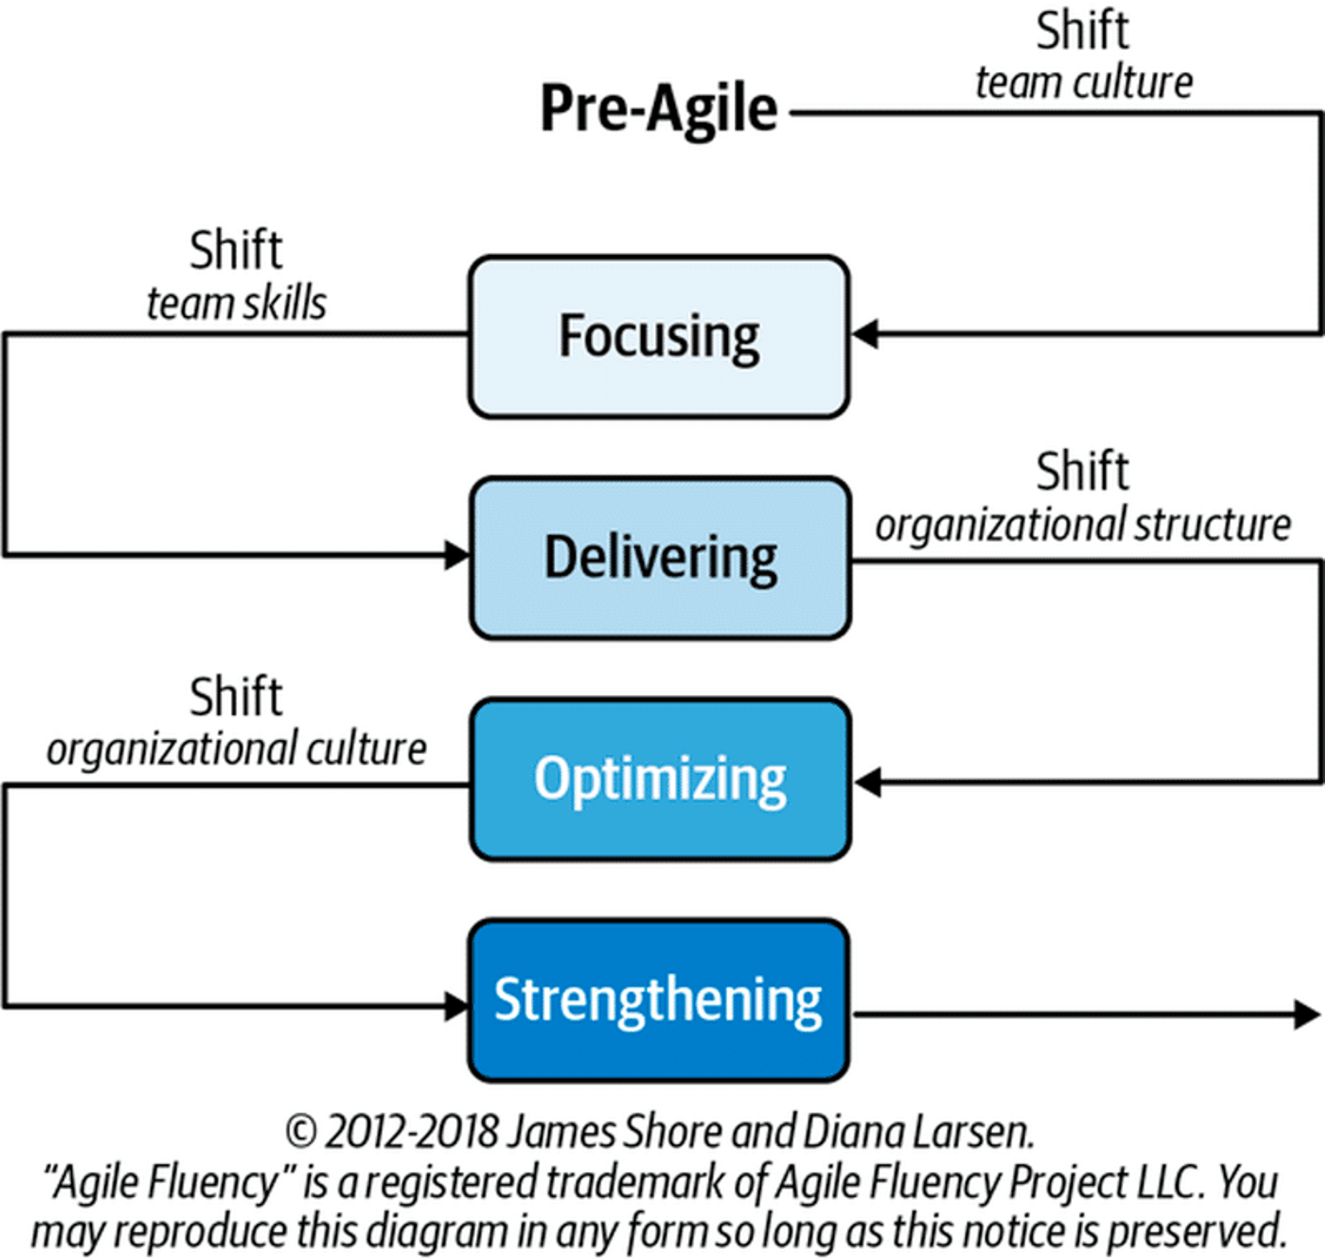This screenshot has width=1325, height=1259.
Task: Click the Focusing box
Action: (x=659, y=337)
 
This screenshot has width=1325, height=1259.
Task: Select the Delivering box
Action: (x=660, y=558)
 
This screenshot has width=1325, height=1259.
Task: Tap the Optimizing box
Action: (x=660, y=779)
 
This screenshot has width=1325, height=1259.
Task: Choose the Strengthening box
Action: (x=659, y=1000)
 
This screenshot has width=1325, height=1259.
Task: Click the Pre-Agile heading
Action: (x=659, y=110)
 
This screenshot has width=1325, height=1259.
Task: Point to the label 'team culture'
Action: (x=1085, y=83)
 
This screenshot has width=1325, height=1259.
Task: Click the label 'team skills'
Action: (x=236, y=304)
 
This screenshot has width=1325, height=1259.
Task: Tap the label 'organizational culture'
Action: (x=236, y=750)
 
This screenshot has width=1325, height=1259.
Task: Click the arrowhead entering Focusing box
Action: (x=865, y=334)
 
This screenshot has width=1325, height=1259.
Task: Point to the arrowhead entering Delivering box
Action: (x=456, y=555)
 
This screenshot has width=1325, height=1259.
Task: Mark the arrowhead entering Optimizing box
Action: (x=868, y=782)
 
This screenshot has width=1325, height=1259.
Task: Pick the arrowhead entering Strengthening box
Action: (x=456, y=1006)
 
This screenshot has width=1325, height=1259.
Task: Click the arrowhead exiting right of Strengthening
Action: (x=1307, y=1014)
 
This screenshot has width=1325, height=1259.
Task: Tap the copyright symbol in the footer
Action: (x=301, y=1132)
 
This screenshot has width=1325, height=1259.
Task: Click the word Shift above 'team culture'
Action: (x=1082, y=31)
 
